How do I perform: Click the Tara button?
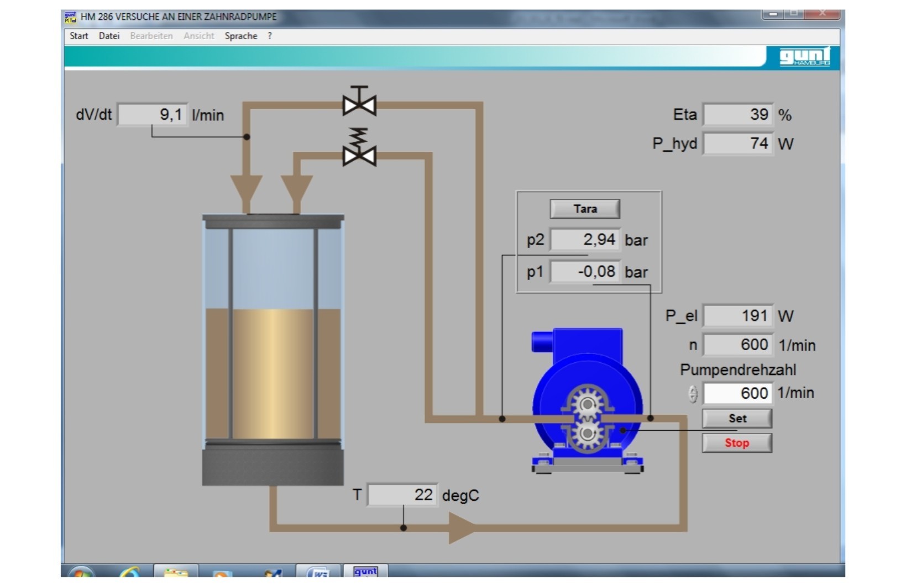click(585, 209)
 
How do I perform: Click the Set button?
click(737, 419)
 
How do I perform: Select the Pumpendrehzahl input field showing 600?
click(738, 393)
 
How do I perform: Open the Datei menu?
click(109, 36)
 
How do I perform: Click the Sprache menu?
click(241, 36)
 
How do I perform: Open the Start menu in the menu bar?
click(79, 36)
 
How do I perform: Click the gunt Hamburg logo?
click(804, 57)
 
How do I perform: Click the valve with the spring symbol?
click(359, 147)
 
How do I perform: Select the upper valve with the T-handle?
click(359, 101)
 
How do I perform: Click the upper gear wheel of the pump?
click(587, 404)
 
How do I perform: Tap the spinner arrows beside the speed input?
click(693, 394)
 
